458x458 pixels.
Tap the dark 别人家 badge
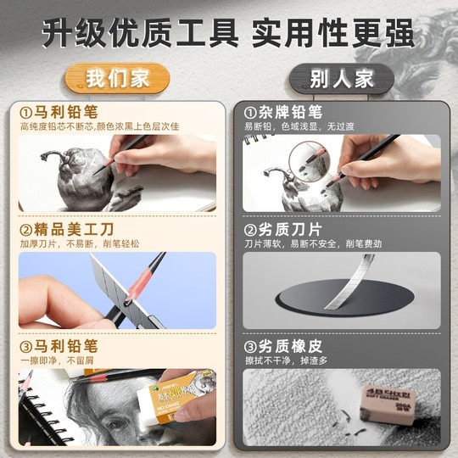click(341, 79)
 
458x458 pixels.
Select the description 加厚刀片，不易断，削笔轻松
click(81, 243)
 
